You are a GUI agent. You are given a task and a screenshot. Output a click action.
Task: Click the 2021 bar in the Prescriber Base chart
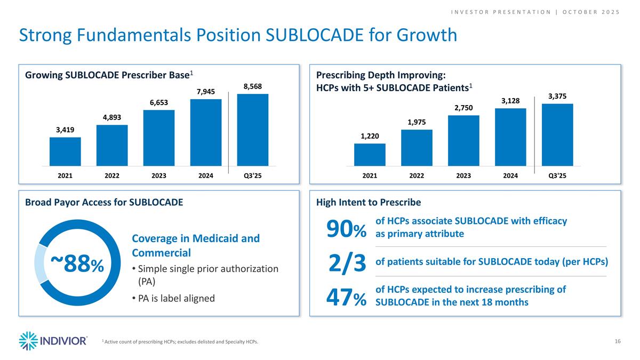65,151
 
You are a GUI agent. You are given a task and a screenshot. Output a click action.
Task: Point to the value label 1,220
370,136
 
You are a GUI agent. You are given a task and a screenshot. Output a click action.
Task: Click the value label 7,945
205,92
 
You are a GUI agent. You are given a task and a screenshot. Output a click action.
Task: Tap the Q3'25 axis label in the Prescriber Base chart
252,175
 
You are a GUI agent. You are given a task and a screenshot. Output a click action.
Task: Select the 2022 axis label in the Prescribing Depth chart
417,175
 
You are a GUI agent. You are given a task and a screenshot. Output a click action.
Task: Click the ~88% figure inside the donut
78,263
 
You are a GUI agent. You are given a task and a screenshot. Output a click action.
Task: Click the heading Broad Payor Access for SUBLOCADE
104,202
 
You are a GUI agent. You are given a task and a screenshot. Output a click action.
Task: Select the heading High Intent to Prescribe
369,202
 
